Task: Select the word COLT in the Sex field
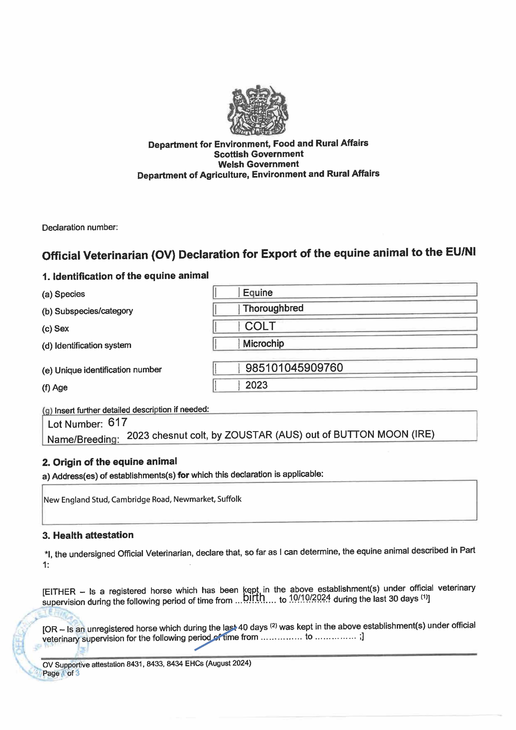coord(260,326)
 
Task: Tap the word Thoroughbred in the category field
coord(273,308)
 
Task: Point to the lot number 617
coord(118,422)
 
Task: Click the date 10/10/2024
coord(310,598)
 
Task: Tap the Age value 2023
coord(256,385)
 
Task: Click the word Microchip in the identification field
coord(263,343)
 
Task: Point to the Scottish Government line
coord(259,154)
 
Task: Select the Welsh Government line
coord(258,164)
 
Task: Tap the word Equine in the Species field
coord(257,292)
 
